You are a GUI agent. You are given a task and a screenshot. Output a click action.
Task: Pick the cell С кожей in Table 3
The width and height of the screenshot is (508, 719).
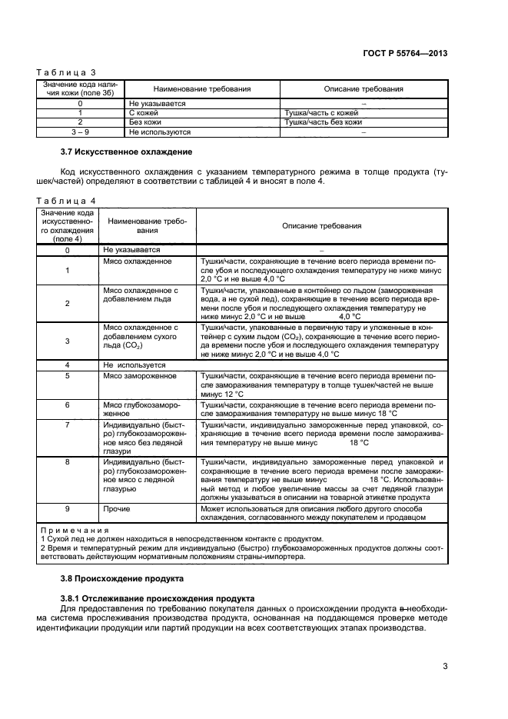coord(143,112)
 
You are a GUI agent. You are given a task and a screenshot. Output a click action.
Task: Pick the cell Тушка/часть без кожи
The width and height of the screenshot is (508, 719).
coord(323,121)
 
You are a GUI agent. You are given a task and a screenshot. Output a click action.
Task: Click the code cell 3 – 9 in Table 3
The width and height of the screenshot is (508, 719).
coord(80,131)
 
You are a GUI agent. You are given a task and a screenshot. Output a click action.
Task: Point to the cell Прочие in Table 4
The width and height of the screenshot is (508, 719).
coord(116,508)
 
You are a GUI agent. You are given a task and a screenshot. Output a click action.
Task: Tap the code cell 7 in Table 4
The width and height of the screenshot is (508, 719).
coord(68,424)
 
